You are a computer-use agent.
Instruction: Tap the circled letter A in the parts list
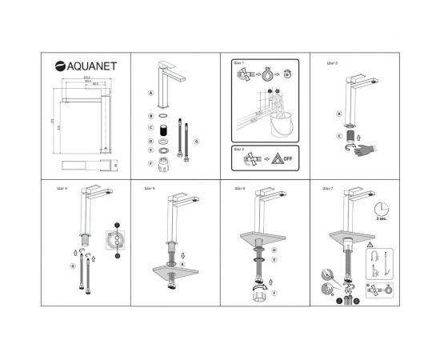point(150,93)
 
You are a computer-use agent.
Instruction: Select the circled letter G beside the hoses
point(197,141)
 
